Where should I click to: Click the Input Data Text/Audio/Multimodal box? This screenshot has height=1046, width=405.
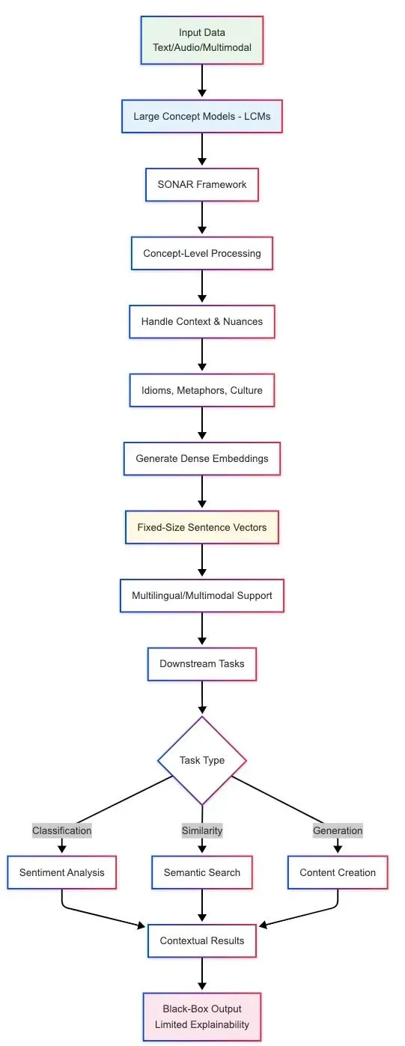[x=202, y=40]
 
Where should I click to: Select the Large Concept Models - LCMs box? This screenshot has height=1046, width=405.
[x=202, y=116]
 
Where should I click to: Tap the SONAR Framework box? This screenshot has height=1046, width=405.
[x=202, y=184]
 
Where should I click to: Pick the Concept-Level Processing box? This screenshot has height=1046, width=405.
[x=202, y=253]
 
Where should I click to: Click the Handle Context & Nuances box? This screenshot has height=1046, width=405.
[x=202, y=322]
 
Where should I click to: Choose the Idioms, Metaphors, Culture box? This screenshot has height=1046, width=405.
[x=202, y=390]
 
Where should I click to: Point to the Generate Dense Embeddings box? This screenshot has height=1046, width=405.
[x=202, y=458]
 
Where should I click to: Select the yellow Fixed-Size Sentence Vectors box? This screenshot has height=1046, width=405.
[x=202, y=527]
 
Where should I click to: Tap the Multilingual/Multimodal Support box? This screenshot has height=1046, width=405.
[x=202, y=595]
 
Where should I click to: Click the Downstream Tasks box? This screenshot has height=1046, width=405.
[x=202, y=664]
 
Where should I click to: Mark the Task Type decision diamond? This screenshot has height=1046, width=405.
[x=202, y=761]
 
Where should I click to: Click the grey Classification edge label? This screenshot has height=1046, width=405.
[x=61, y=830]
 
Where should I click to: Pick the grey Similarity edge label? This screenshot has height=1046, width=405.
[x=202, y=830]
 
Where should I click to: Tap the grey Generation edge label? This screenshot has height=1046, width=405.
[x=338, y=830]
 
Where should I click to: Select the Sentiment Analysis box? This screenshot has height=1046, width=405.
[x=61, y=872]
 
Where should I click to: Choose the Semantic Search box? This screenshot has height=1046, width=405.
[x=202, y=872]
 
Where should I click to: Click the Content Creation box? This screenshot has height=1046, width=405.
[x=338, y=872]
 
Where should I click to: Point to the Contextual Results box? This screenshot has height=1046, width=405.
[x=202, y=940]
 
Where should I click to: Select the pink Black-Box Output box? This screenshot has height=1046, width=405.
[x=202, y=1017]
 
